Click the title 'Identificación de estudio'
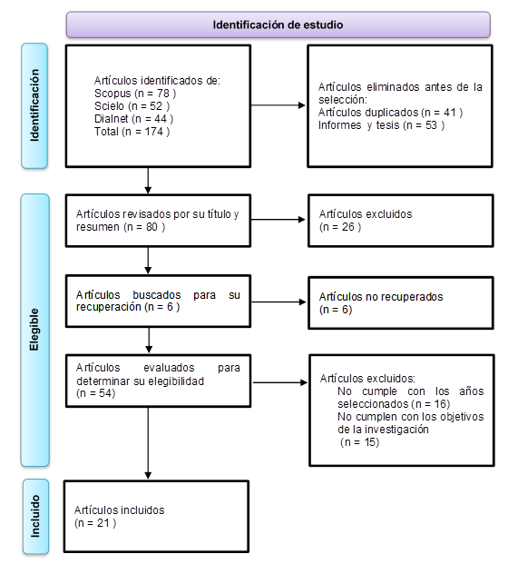point(278,25)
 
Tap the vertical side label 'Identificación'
point(34,105)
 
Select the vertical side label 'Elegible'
point(34,329)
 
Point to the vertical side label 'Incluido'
point(35,516)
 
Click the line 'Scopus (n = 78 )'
point(135,94)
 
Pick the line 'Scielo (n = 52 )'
point(132,106)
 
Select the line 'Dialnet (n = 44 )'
point(133,119)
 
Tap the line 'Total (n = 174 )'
point(132,132)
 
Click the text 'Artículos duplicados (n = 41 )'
point(390,113)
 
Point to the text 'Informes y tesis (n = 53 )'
point(381,125)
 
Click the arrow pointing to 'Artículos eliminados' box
point(278,105)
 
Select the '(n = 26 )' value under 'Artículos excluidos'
point(340,227)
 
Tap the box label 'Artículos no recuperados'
point(381,297)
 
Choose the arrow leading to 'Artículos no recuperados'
point(278,302)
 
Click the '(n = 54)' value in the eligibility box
point(95,393)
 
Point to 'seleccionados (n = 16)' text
point(394,404)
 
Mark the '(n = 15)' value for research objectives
point(359,442)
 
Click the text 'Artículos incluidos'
point(119,510)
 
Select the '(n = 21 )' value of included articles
point(95,523)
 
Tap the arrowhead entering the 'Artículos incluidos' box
point(148,476)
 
